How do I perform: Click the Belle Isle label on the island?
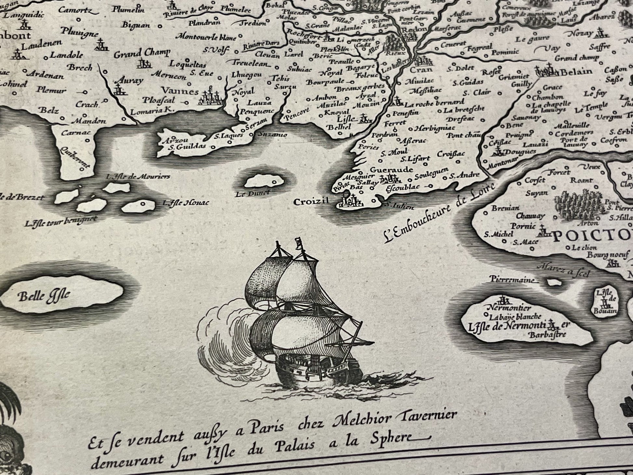[44, 296]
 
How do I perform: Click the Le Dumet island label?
[257, 194]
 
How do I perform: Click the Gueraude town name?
[392, 170]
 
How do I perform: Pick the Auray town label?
[129, 80]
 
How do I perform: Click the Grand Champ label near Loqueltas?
[142, 53]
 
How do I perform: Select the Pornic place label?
[523, 225]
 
